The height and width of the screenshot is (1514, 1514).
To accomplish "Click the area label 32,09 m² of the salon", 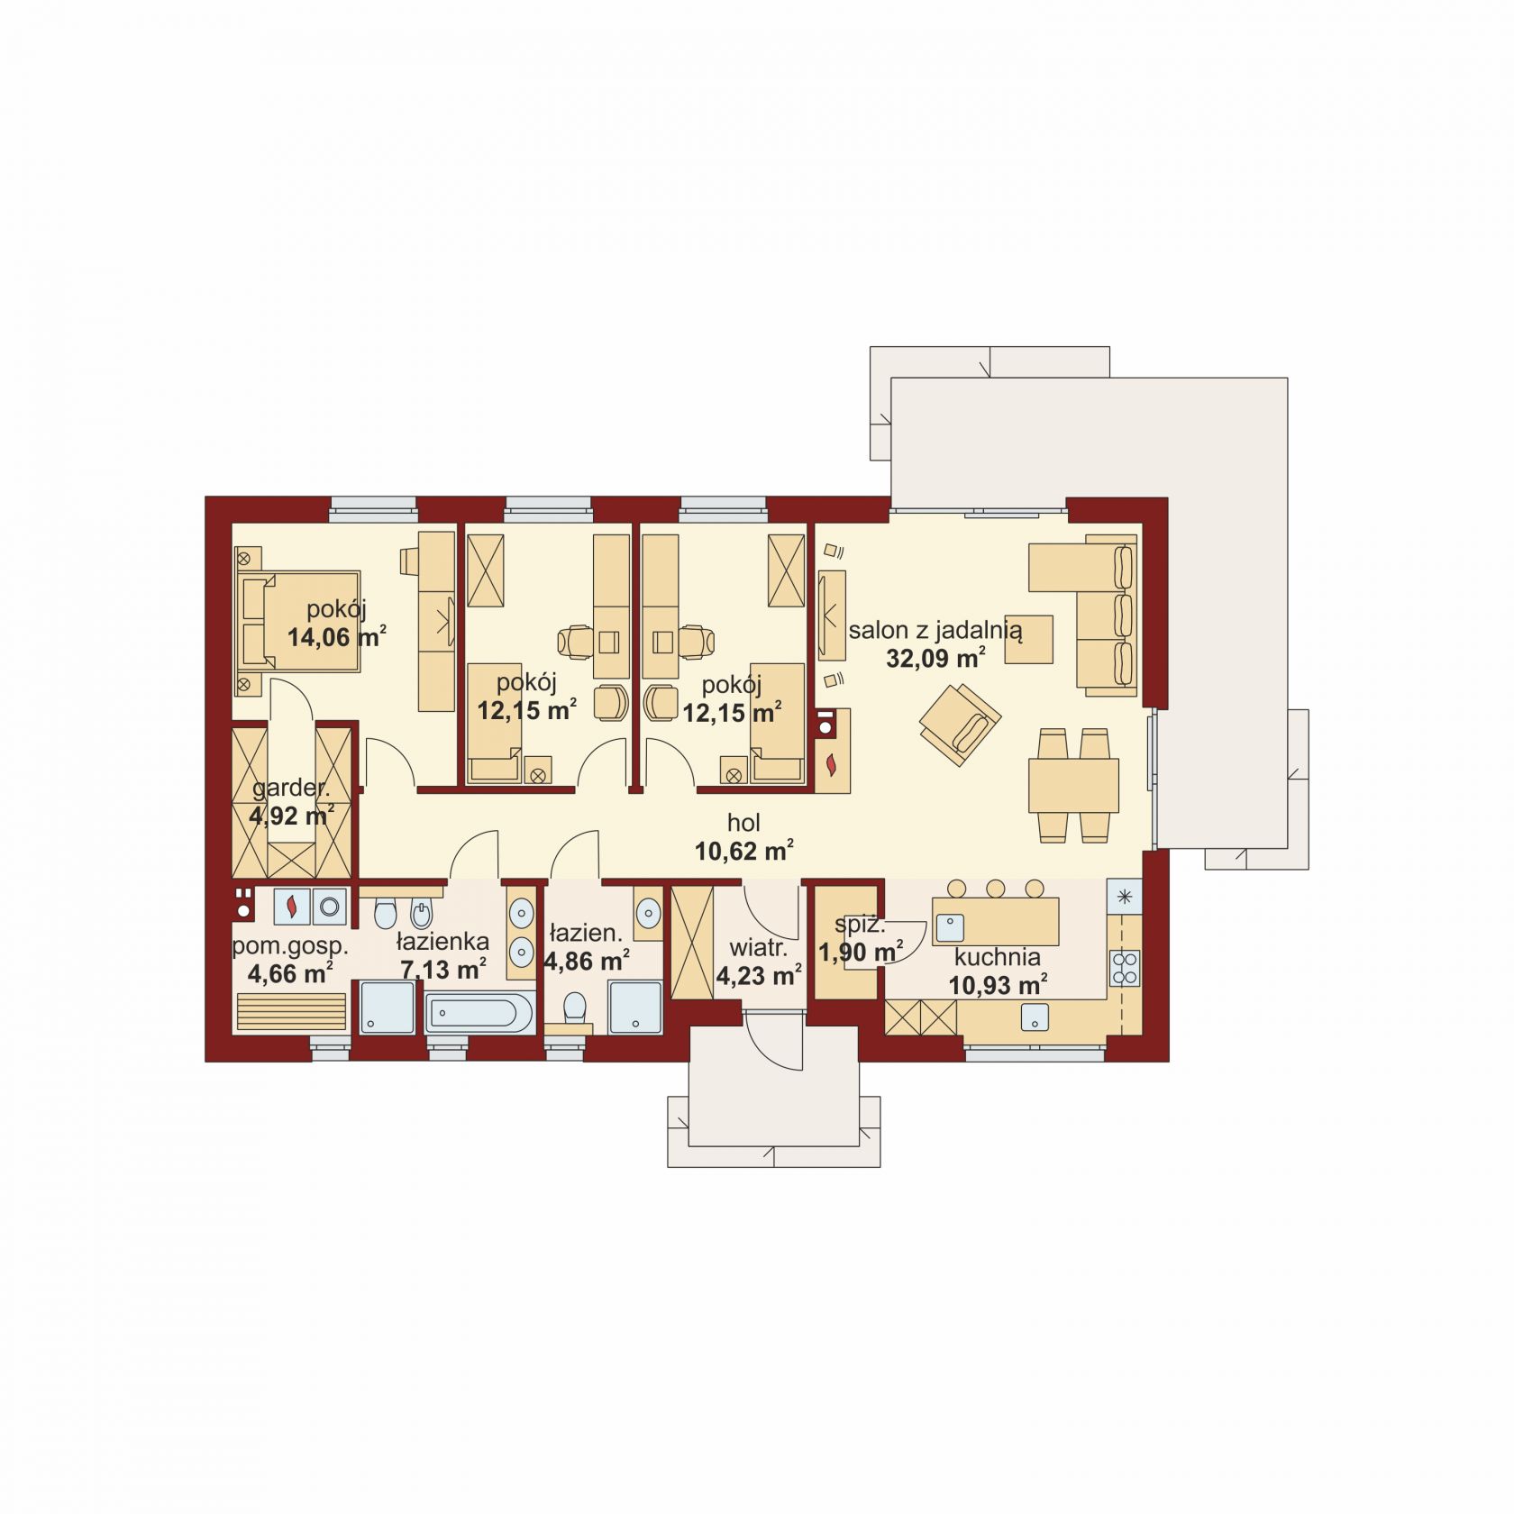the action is (x=935, y=657).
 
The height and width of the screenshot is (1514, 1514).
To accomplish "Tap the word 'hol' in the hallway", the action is (x=744, y=823).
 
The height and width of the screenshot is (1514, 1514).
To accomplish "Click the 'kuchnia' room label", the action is (x=998, y=958).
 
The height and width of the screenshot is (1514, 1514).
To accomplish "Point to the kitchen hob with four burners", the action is (x=1125, y=968).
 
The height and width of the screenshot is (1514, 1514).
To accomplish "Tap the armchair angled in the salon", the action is (x=960, y=724).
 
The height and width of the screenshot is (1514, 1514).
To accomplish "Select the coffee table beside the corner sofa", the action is (x=1029, y=639).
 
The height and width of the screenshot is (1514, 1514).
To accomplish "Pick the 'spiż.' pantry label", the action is (x=860, y=925).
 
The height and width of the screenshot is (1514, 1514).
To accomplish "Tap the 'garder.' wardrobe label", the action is (x=291, y=789).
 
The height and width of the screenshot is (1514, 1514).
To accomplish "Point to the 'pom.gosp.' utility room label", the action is (x=290, y=947).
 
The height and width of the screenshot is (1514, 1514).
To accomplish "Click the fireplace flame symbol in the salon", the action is (x=830, y=765).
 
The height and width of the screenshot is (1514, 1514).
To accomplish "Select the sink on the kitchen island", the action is (x=950, y=927).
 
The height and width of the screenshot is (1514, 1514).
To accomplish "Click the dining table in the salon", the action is (x=1073, y=785).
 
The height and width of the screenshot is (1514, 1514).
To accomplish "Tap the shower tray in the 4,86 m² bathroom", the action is (x=635, y=1008).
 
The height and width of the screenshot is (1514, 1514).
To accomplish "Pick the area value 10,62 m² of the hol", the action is (x=744, y=850).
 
